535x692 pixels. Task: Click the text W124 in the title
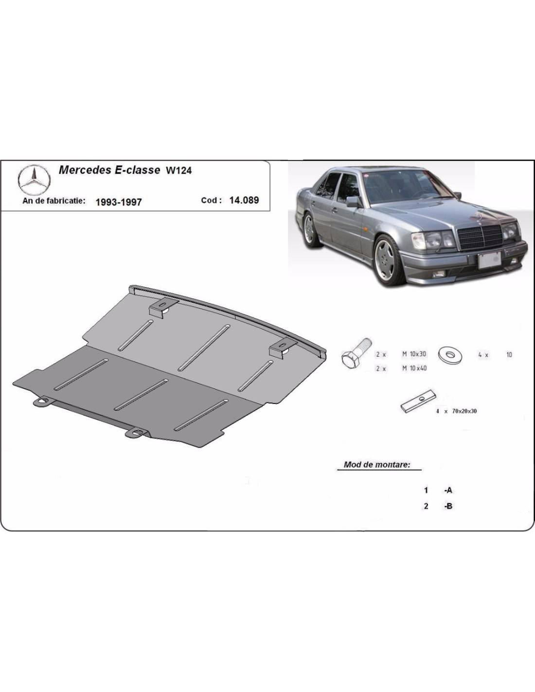178,171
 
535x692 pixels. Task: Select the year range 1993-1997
118,202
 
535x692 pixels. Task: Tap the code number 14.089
244,200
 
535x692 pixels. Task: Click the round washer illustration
451,354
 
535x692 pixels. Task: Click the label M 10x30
414,354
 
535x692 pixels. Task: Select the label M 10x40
414,368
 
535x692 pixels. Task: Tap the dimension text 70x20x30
464,411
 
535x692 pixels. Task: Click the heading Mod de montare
377,465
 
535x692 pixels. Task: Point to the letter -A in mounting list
448,491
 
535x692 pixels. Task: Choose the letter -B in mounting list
448,506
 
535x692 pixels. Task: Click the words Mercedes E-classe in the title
109,170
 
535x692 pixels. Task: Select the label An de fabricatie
54,200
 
